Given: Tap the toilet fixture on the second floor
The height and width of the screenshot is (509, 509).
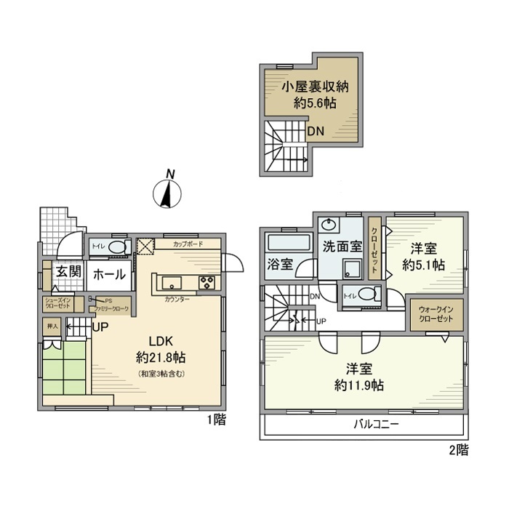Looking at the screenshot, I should (369, 294).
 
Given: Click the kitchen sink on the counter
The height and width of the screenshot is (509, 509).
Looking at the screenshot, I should (171, 283).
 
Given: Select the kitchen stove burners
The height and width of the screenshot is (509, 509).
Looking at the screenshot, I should (206, 283).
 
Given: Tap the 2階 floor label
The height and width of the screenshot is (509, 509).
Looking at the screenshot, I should (458, 450).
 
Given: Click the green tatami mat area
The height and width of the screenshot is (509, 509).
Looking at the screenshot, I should (65, 368).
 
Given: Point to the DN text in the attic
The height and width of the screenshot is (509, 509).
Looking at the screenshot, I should (315, 132).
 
